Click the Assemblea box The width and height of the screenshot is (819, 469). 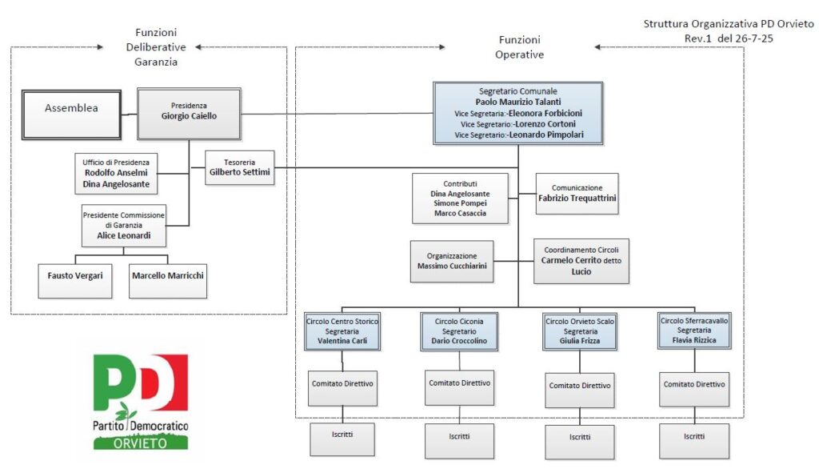coord(72,109)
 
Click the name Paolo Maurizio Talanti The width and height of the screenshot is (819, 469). coord(518,102)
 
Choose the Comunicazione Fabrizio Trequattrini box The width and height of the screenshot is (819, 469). coord(577,194)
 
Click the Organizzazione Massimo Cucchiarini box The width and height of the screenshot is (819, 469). coord(452,261)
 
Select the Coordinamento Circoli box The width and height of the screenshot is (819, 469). coord(581,261)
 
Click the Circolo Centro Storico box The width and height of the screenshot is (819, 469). coord(342,331)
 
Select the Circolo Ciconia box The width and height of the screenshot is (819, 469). coord(458,331)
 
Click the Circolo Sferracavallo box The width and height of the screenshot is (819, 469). coord(693,331)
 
